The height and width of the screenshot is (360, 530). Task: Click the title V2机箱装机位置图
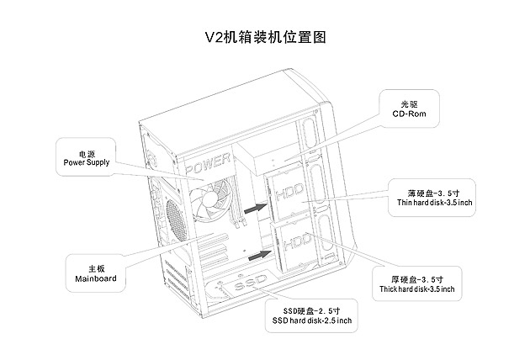[265, 38]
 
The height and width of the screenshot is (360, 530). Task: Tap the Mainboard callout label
[95, 277]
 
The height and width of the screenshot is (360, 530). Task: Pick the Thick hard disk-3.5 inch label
[418, 289]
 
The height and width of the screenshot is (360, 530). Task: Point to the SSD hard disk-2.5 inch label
[311, 321]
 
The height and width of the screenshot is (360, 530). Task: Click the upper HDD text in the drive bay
[285, 193]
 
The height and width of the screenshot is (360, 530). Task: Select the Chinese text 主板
[95, 267]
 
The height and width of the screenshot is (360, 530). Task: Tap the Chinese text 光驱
[409, 104]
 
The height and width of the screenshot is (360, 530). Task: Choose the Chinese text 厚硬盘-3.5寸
[418, 278]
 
